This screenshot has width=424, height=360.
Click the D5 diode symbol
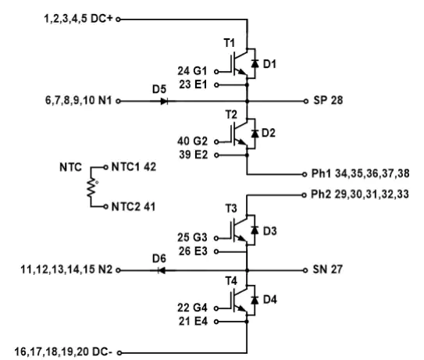tap(165, 102)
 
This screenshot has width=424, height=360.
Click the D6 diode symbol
tap(162, 270)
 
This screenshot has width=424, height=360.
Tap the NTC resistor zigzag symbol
tap(91, 187)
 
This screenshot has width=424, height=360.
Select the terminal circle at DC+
tap(118, 20)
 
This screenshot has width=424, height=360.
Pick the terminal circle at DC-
tap(119, 353)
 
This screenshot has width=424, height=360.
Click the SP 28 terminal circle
tap(306, 102)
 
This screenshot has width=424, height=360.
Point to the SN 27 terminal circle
tap(305, 270)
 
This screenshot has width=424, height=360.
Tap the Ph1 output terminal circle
tap(305, 174)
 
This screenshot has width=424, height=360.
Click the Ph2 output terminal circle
tap(305, 194)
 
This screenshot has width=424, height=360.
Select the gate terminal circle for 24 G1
tap(216, 72)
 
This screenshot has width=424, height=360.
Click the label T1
tap(229, 43)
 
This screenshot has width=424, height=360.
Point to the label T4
tap(231, 281)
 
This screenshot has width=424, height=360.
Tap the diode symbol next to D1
tap(255, 63)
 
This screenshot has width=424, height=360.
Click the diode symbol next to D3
tap(255, 230)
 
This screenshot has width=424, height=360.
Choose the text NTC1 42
tap(134, 167)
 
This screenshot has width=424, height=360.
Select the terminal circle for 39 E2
tap(216, 155)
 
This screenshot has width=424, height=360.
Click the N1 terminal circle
tap(118, 102)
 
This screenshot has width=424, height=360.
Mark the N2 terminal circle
tap(118, 270)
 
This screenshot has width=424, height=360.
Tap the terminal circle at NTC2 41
tap(105, 207)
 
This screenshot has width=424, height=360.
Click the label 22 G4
tap(192, 308)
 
